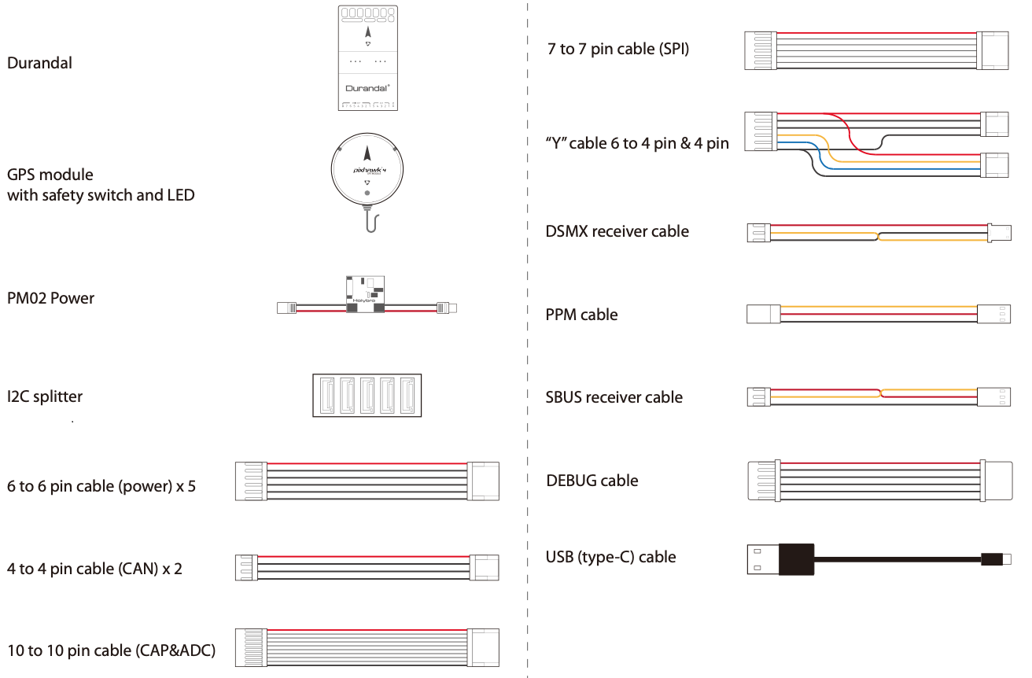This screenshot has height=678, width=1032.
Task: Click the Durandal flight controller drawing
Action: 368,57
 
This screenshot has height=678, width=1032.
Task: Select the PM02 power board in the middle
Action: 367,293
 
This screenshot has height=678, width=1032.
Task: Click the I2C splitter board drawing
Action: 367,396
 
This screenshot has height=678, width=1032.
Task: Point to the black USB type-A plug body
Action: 795,559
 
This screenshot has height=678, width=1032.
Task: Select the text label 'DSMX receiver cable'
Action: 617,231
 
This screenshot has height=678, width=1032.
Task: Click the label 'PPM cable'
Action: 581,315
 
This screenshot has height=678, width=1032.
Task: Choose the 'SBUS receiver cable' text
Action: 614,397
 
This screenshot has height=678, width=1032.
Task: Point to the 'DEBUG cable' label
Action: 592,481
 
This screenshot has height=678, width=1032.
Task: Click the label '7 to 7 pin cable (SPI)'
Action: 617,49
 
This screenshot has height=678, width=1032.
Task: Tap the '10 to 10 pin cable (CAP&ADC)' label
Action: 111,650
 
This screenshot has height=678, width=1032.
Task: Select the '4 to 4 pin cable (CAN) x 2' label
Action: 94,569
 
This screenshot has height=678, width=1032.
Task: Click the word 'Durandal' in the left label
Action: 39,63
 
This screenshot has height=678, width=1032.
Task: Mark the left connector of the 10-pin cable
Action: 251,647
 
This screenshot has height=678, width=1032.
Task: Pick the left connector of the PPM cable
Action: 762,315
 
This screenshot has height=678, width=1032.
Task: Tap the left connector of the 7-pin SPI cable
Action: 760,50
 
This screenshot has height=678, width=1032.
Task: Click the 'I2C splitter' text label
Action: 45,396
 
